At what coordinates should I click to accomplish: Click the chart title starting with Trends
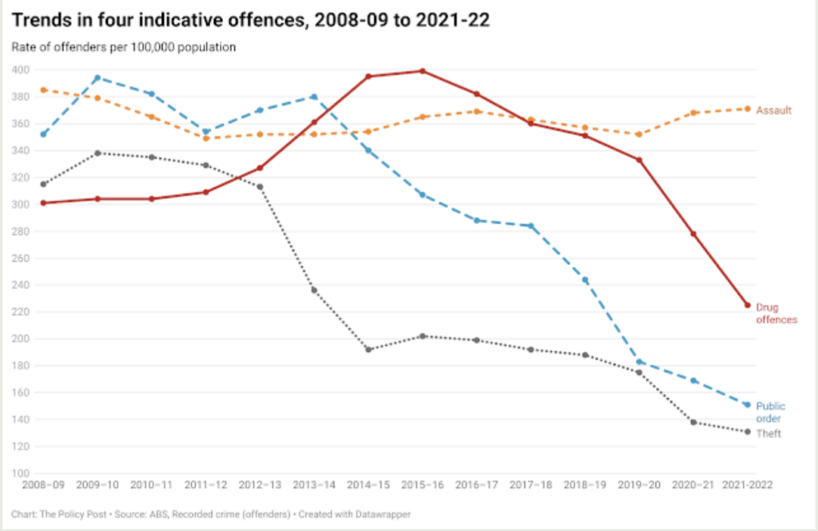[250, 19]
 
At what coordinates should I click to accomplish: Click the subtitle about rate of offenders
[124, 47]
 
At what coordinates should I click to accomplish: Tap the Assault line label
[774, 109]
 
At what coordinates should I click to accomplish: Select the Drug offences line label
[776, 313]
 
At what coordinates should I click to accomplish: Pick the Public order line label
[771, 412]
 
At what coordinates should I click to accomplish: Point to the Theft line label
[768, 434]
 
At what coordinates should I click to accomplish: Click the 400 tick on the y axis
[21, 70]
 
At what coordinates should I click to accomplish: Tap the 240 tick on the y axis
[21, 285]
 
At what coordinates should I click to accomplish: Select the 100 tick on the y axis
[21, 474]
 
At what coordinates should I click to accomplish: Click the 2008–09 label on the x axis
[43, 485]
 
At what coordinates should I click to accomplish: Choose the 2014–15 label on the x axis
[368, 485]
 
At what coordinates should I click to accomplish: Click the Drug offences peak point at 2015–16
[423, 71]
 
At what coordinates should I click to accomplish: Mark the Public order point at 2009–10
[97, 77]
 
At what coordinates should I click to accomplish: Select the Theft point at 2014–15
[368, 350]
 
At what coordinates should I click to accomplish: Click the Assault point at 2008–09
[43, 89]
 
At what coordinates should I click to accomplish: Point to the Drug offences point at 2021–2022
[748, 305]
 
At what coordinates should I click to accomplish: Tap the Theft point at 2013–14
[314, 290]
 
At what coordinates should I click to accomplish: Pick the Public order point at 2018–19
[585, 280]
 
